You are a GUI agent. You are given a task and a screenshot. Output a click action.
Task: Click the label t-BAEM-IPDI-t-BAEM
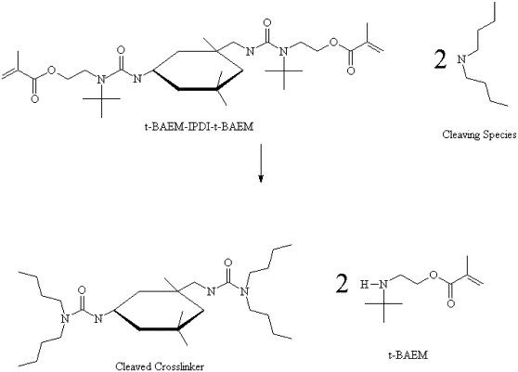point(199,127)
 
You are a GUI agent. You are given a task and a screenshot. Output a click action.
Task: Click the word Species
point(499,135)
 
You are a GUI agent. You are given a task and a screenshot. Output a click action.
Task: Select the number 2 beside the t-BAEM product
point(343,283)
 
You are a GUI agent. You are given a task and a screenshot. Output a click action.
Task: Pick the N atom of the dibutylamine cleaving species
point(462,59)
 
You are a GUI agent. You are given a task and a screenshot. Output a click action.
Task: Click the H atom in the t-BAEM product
point(364,284)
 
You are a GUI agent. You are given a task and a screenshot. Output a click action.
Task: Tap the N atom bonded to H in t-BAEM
point(383,284)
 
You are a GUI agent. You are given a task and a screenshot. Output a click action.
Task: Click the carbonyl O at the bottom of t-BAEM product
point(450,303)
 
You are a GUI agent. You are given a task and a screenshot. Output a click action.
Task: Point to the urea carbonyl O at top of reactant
point(267,23)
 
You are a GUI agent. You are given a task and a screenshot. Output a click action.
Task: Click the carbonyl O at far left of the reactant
point(34,98)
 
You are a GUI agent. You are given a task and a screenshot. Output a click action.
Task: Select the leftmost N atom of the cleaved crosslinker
point(64,318)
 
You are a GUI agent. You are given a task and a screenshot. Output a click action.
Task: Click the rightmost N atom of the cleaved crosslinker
point(244,291)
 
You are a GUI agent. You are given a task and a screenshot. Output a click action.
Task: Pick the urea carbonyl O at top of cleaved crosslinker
point(227,263)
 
